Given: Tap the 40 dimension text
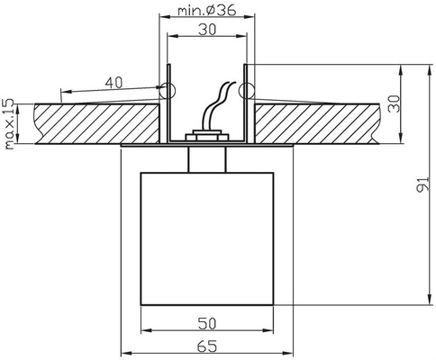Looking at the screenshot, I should (114, 82).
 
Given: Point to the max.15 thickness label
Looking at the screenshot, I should (9, 123).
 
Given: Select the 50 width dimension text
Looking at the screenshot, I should (206, 321).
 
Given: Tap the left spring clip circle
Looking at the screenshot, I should (166, 90).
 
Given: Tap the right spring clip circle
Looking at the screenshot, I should (247, 89).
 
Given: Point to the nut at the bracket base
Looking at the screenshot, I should (206, 137).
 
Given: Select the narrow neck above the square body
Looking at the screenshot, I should (206, 157).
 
